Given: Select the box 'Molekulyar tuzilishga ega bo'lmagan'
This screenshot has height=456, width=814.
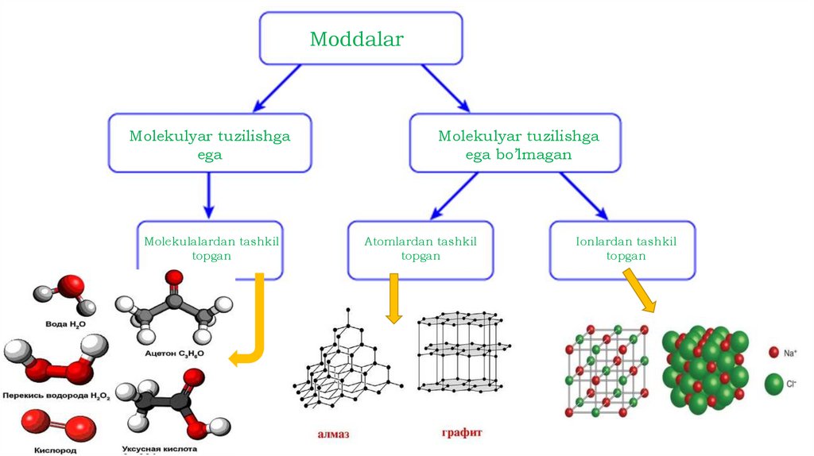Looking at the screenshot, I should [x=518, y=145].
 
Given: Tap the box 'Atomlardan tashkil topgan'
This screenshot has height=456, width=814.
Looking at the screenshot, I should [x=420, y=249].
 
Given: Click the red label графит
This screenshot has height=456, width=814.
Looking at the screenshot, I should [x=462, y=433].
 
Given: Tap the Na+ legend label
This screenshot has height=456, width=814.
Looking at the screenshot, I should [x=791, y=352].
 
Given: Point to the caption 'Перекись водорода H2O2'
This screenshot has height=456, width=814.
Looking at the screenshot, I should [x=56, y=395].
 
